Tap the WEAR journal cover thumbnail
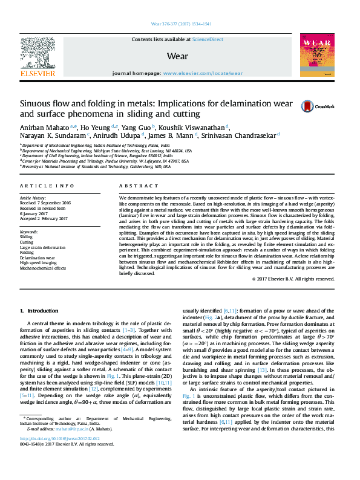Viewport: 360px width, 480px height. pyautogui.click(x=316, y=55)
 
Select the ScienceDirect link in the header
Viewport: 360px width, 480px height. pyautogui.click(x=208, y=40)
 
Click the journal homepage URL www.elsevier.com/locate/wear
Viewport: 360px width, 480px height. pyautogui.click(x=202, y=73)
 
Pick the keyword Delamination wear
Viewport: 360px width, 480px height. pyautogui.click(x=38, y=257)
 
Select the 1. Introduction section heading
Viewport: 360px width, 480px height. pyautogui.click(x=39, y=311)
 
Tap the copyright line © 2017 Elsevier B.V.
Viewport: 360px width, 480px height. pyautogui.click(x=293, y=279)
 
